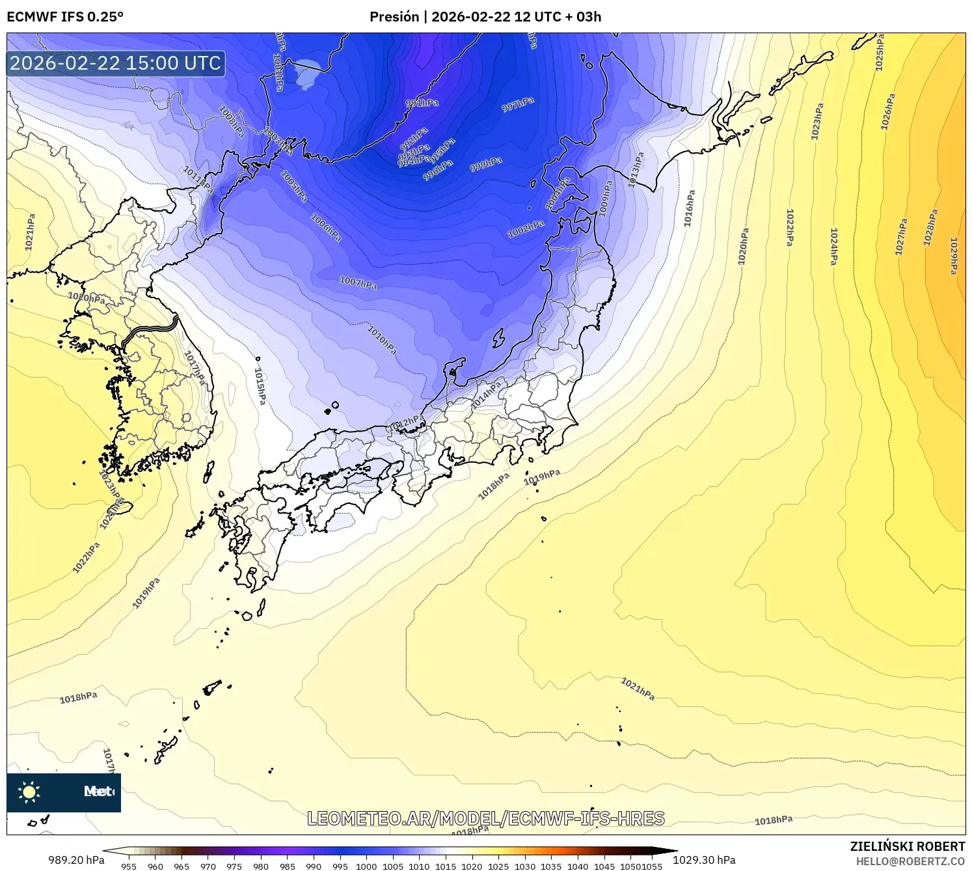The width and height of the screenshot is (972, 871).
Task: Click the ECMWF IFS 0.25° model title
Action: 65,16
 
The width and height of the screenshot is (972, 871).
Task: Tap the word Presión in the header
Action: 394,16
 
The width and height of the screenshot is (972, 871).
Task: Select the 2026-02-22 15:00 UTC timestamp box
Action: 116,63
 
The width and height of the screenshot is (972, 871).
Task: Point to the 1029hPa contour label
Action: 954,255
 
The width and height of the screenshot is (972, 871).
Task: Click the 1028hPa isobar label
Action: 931,227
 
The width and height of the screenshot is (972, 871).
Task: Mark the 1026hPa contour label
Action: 888,112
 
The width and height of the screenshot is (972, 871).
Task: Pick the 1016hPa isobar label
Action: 690,208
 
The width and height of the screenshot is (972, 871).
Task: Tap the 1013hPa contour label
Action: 636,170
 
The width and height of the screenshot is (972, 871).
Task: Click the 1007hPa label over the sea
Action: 358,283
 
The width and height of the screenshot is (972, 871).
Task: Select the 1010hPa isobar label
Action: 382,340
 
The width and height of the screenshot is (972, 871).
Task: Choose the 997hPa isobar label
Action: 518,104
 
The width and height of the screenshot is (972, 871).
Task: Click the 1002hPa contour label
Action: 526,228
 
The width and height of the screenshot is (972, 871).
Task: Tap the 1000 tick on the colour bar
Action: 366,866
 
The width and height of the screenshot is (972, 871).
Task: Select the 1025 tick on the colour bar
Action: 498,866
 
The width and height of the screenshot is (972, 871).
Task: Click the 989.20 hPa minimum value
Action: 76,860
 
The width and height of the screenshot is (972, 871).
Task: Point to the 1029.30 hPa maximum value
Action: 704,860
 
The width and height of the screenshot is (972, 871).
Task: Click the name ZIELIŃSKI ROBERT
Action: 908,846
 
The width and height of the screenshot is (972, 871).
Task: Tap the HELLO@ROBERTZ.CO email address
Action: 910,861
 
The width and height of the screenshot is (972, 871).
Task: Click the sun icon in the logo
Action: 29,792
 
